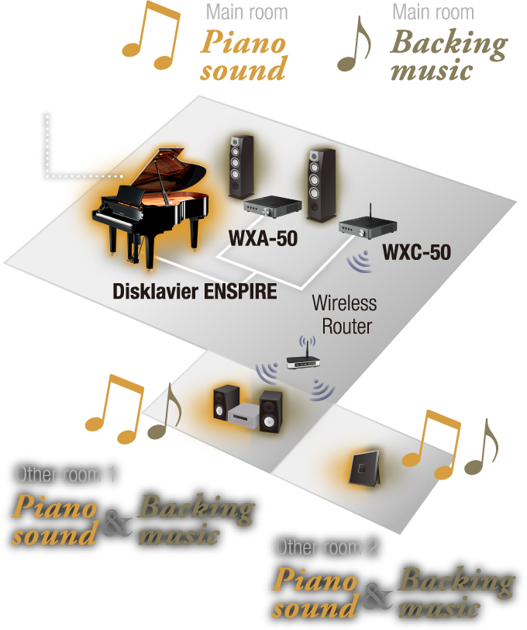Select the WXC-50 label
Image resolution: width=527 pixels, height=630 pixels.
[416, 253]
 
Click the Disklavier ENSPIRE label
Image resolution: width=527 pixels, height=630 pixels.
[194, 292]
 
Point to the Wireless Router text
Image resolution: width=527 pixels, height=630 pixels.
[343, 313]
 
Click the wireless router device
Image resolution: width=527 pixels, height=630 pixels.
[304, 359]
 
